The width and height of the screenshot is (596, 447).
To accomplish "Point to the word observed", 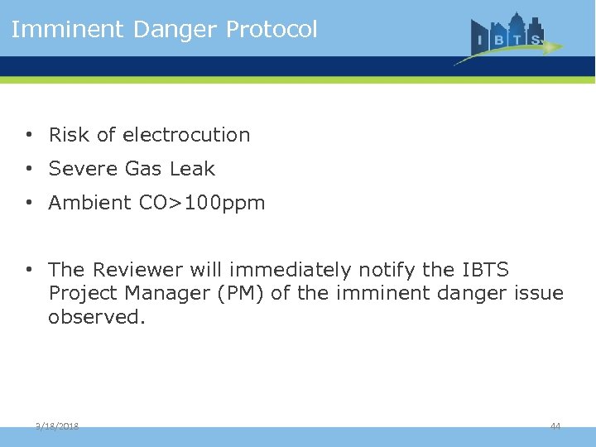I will point(97,317).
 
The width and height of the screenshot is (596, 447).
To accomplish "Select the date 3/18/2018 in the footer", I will point(57,425).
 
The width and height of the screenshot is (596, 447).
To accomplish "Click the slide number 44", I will point(555,425).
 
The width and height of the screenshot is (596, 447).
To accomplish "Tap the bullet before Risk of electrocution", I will point(28,135).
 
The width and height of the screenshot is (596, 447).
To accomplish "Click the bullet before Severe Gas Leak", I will point(28,169).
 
